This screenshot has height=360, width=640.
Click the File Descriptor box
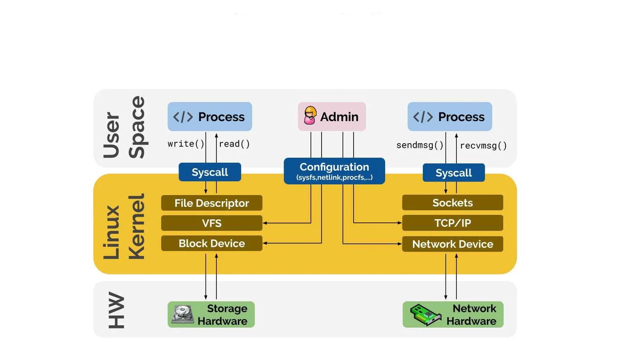pos(212,203)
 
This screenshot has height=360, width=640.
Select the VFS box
pos(212,223)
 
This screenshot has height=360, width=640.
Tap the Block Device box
pos(212,243)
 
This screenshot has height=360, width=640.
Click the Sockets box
pos(452,202)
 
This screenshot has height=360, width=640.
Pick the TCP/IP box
pos(452,223)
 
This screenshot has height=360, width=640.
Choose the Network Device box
pos(452,244)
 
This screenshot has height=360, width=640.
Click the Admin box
pos(332,116)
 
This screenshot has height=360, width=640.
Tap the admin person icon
pos(310,116)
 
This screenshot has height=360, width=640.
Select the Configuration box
pos(334,171)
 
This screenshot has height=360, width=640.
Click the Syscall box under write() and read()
pos(210,172)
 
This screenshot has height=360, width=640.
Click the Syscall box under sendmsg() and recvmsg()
pos(454,172)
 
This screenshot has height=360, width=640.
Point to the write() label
pos(186,144)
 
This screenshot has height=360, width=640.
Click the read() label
pos(234,144)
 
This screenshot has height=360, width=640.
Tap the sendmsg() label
pos(420,145)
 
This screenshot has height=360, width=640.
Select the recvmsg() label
pos(483,146)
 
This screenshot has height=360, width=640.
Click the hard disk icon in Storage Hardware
pos(183,314)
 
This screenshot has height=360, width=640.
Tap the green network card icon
pos(425,315)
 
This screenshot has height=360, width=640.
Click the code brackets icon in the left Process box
pos(183,117)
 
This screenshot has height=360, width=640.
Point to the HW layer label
pos(116,310)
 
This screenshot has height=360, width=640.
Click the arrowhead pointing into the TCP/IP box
pos(400,223)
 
